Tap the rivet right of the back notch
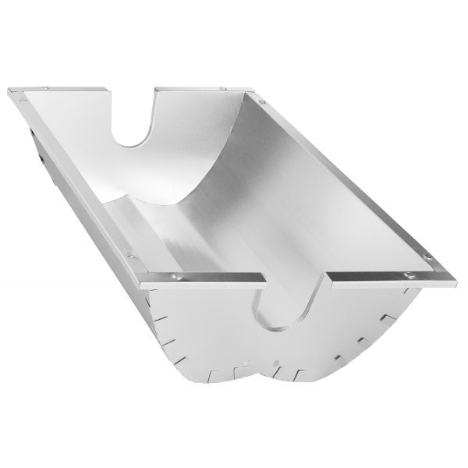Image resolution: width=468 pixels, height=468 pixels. click(224, 89)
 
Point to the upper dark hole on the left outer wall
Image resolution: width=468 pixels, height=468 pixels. click(33, 133)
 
